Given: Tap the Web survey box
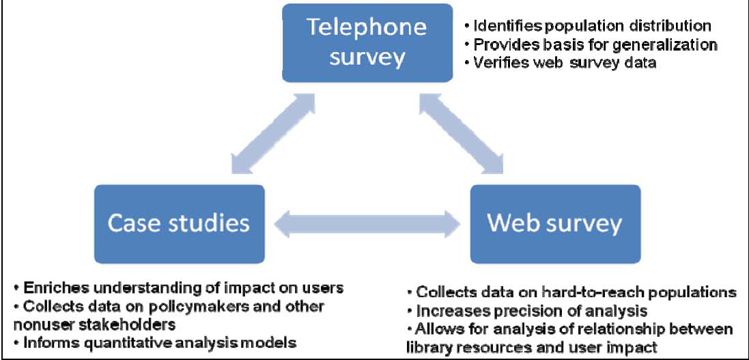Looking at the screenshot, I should click(554, 223).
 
